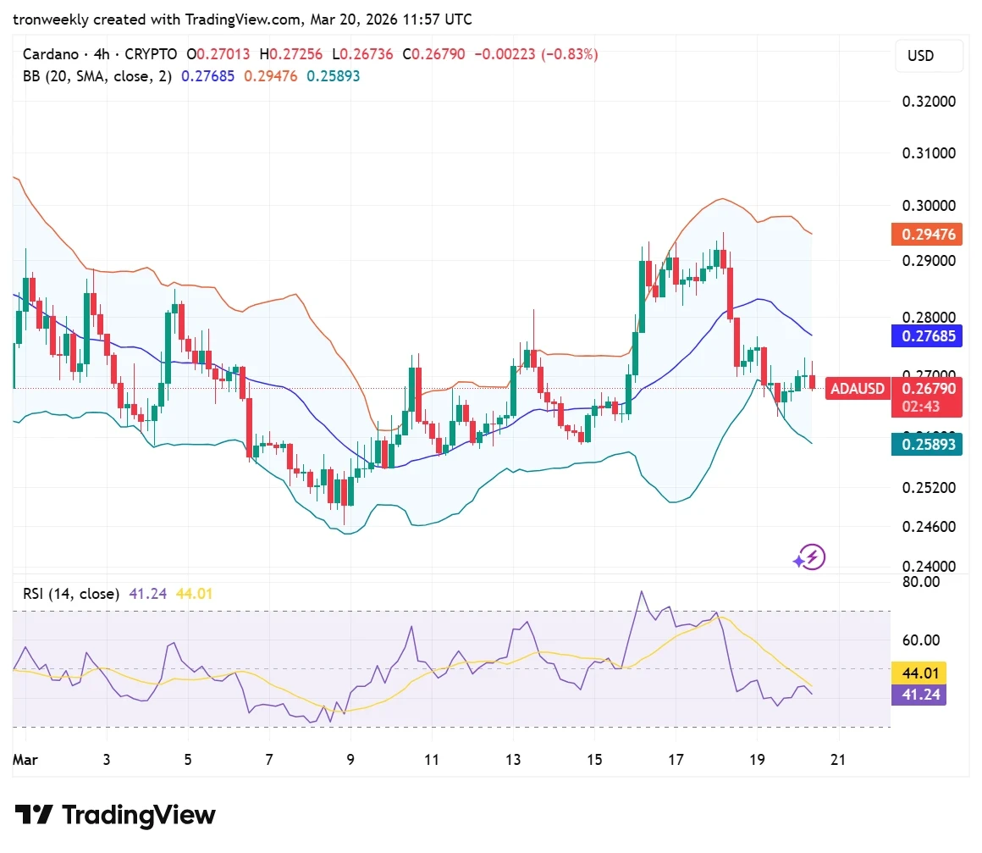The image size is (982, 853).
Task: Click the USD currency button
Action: [929, 56]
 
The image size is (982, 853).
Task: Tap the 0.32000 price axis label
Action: [929, 102]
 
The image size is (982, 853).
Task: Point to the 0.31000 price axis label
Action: [929, 154]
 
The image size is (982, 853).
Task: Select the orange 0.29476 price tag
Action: [927, 235]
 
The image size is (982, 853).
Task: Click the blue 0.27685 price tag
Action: [927, 336]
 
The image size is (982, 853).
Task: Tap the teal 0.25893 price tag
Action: [927, 444]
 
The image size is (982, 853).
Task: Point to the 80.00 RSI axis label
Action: [920, 582]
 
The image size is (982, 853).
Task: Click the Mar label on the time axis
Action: [24, 760]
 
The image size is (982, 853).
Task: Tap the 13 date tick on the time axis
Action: [513, 760]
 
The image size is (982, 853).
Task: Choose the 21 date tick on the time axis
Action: [838, 760]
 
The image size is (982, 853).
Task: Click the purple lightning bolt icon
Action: [809, 557]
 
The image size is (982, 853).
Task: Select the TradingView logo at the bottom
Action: [116, 816]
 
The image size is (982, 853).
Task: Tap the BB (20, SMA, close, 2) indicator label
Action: [97, 76]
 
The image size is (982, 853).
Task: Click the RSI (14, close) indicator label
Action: [71, 594]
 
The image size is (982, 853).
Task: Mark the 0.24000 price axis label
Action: [929, 566]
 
